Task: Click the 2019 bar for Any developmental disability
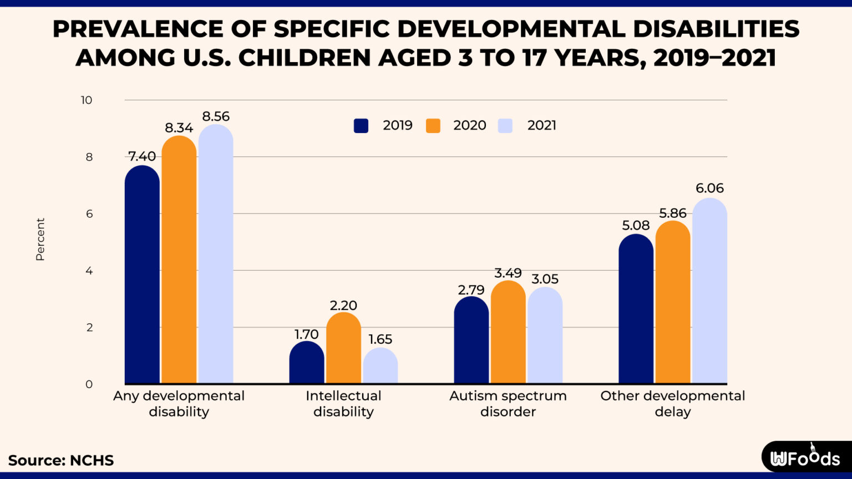click(x=142, y=277)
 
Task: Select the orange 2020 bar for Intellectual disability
click(x=343, y=349)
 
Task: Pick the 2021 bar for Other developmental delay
click(x=709, y=291)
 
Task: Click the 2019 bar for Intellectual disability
click(x=307, y=363)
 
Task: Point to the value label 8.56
click(x=216, y=116)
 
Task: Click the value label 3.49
click(x=508, y=273)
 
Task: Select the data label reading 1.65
click(x=380, y=339)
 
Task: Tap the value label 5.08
click(x=636, y=225)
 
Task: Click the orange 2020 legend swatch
click(x=433, y=126)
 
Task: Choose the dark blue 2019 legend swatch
click(x=361, y=126)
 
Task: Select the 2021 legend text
click(x=541, y=125)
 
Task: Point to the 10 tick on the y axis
click(x=87, y=100)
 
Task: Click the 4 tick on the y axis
click(x=89, y=271)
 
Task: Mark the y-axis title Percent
click(x=40, y=239)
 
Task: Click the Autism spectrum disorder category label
click(x=508, y=404)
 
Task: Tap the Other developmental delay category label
click(x=672, y=404)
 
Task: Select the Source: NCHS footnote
click(x=61, y=460)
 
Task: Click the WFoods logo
click(x=805, y=457)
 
